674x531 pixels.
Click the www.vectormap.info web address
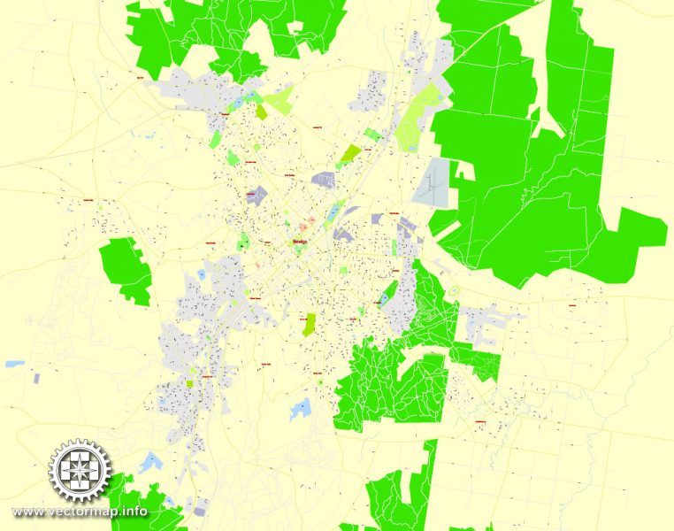pyautogui.click(x=80, y=512)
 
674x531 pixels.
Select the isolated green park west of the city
pyautogui.click(x=125, y=270)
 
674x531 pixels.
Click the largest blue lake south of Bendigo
pyautogui.click(x=302, y=408)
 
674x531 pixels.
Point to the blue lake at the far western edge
pyautogui.click(x=14, y=364)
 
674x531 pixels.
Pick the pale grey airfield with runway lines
pyautogui.click(x=432, y=184)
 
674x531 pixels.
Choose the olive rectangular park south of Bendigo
pyautogui.click(x=309, y=324)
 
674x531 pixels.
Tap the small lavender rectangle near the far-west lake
pyautogui.click(x=36, y=378)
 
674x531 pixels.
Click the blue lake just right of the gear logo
pyautogui.click(x=151, y=461)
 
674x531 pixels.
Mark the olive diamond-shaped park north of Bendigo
pyautogui.click(x=349, y=155)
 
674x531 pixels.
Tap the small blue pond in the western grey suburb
pyautogui.click(x=202, y=275)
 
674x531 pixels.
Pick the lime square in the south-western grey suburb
pyautogui.click(x=190, y=382)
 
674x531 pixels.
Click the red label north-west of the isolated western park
pyautogui.click(x=88, y=200)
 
